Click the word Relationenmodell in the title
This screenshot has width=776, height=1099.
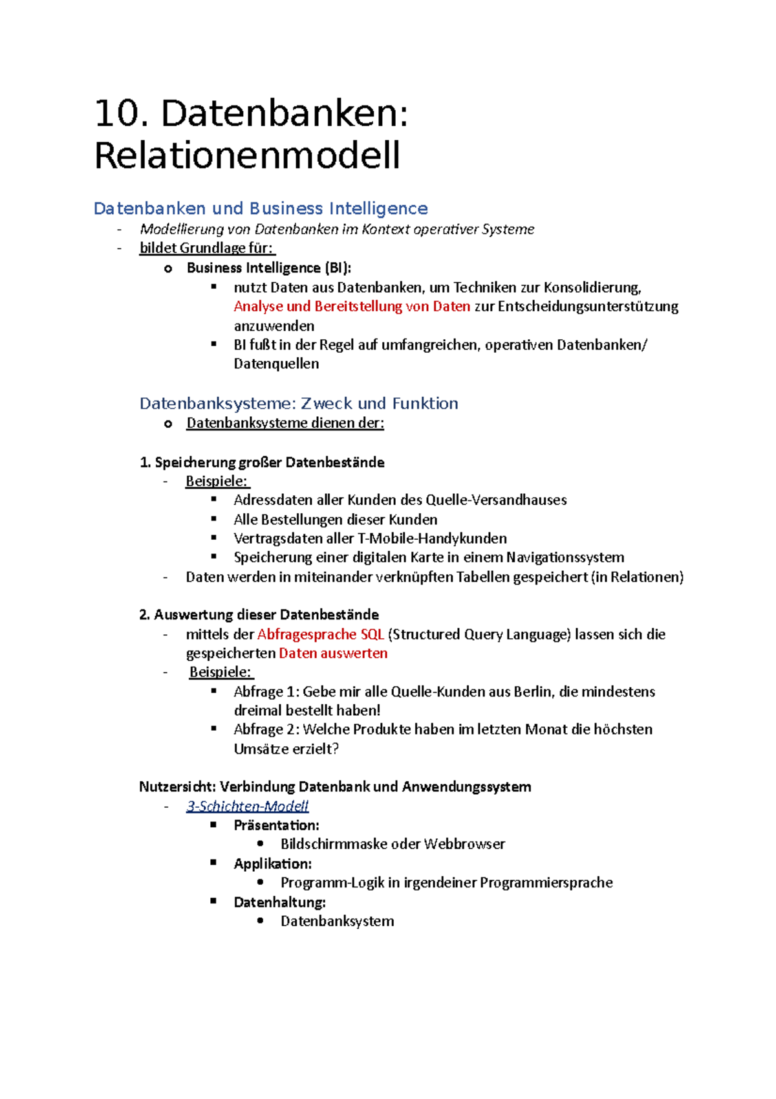click(x=247, y=156)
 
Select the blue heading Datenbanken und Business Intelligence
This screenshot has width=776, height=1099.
click(x=261, y=208)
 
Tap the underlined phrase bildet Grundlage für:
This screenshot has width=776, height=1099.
click(x=207, y=248)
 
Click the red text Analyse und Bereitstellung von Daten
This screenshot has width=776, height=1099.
click(x=352, y=306)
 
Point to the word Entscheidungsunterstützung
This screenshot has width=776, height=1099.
click(x=588, y=306)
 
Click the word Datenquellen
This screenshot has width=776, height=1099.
click(x=276, y=364)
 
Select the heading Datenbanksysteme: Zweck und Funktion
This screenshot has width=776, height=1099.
click(x=299, y=403)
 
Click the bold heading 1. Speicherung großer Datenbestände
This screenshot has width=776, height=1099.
click(x=262, y=462)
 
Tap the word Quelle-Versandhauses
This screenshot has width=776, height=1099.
click(x=496, y=500)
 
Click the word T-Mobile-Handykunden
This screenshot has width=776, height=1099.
click(x=432, y=538)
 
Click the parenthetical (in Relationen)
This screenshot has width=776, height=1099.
click(x=637, y=577)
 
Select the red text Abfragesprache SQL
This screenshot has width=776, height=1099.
click(x=321, y=634)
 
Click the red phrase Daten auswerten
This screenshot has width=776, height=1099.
click(x=333, y=653)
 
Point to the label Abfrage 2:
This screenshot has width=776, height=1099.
click(x=266, y=729)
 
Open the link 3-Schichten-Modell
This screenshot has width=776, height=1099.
click(x=247, y=806)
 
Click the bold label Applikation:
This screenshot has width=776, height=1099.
click(x=272, y=863)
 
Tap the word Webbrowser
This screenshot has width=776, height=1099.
click(x=464, y=844)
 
